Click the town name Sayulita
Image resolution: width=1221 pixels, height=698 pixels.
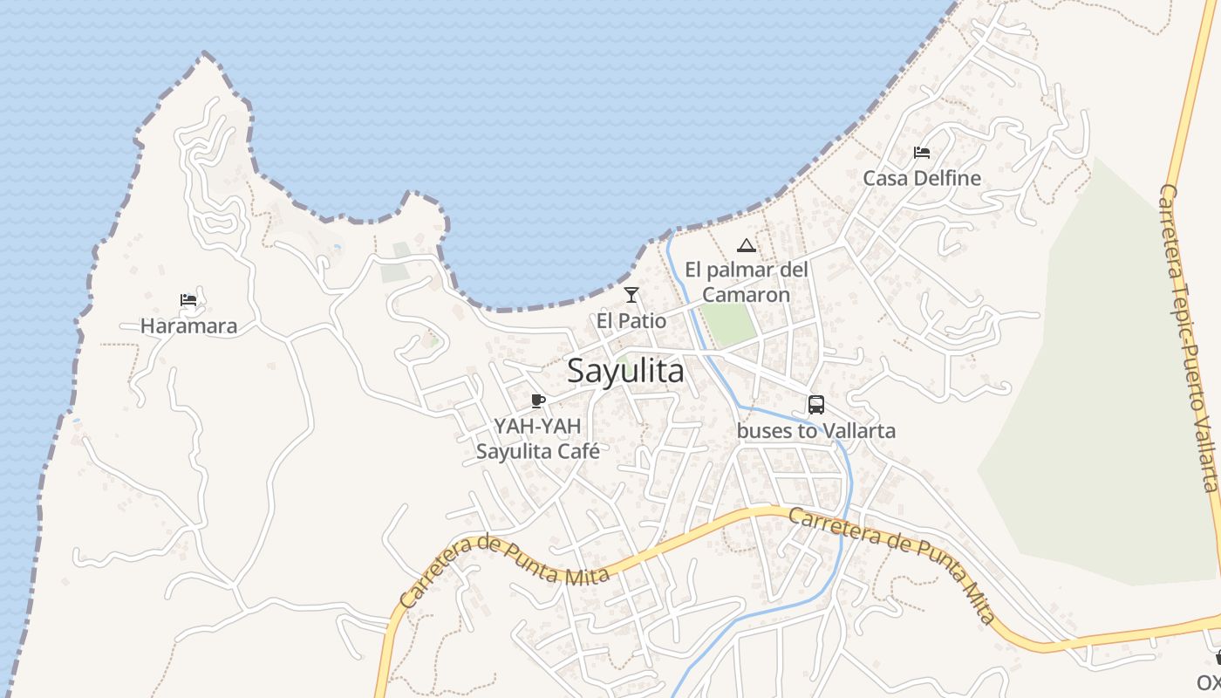click(x=625, y=372)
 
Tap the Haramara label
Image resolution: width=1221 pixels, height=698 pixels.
click(x=188, y=326)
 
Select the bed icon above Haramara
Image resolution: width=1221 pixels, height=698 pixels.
click(x=188, y=300)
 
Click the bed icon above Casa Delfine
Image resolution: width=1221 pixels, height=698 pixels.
click(x=922, y=153)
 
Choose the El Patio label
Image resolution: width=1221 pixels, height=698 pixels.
click(x=631, y=321)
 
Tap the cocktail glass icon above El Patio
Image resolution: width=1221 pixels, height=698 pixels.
click(x=631, y=295)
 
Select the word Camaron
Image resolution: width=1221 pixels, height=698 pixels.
click(x=746, y=295)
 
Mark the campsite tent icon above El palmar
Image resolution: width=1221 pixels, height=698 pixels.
click(x=746, y=246)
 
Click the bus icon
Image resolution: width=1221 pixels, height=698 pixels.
click(x=816, y=405)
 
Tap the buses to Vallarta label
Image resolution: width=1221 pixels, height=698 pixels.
click(x=816, y=431)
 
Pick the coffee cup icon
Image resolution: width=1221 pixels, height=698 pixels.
click(x=538, y=400)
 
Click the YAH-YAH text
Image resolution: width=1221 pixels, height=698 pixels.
click(x=537, y=427)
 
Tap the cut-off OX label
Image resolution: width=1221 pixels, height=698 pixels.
click(x=1209, y=682)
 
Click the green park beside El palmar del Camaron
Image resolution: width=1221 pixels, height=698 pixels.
click(x=729, y=324)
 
